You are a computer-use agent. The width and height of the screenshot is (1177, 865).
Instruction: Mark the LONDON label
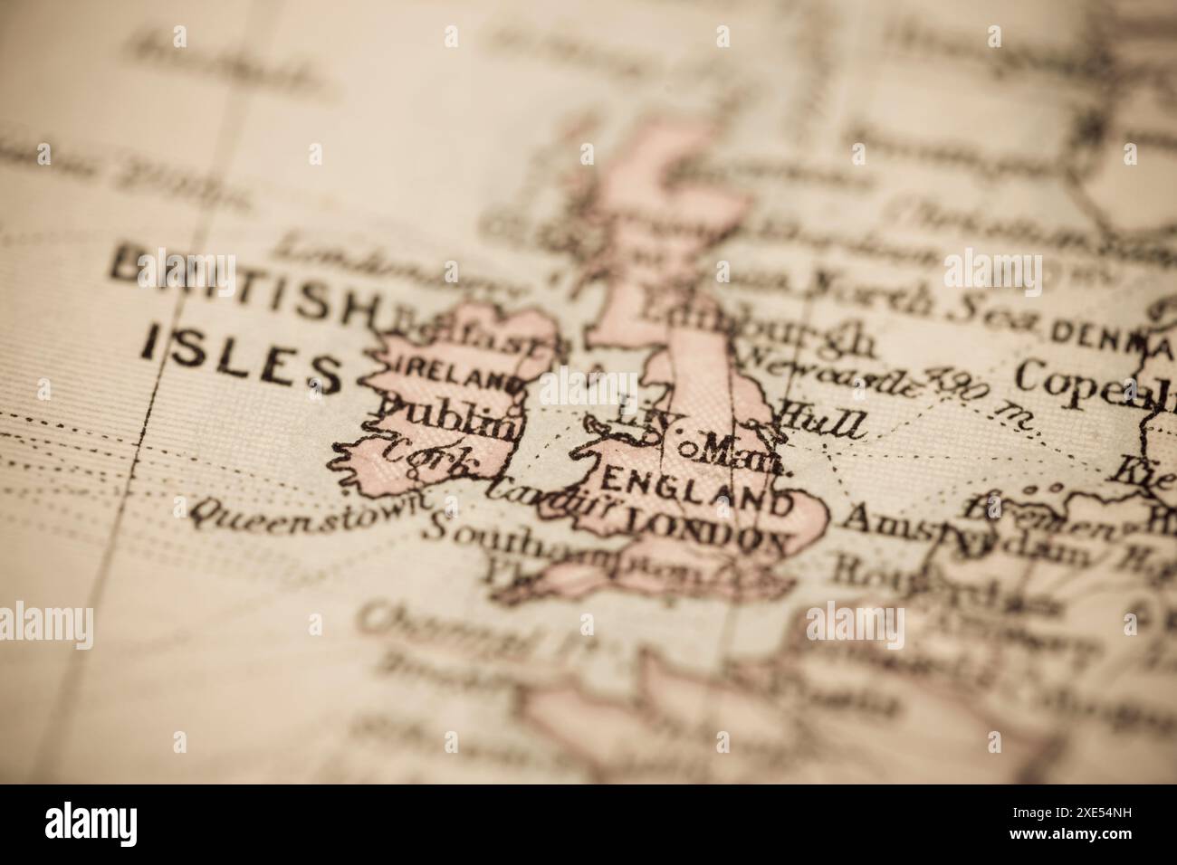pos(706,532)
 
